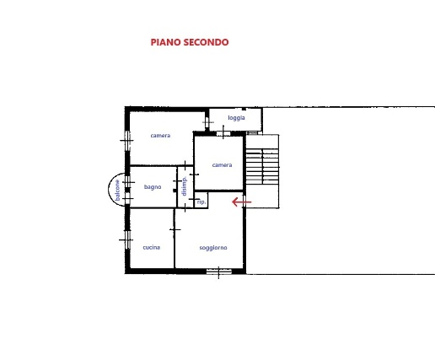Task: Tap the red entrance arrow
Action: pos(242,201)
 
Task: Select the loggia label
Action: pos(236,118)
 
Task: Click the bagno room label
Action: pos(153,187)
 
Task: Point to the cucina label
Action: pos(152,248)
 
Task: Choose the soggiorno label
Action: pos(213,248)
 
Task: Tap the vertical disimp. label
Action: pos(184,186)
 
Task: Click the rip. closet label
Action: pos(201,202)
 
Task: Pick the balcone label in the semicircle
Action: pos(117,191)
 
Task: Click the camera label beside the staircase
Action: pos(222,165)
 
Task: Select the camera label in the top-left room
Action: pos(160,136)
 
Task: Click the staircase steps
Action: pos(262,167)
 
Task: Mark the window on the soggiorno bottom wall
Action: pos(219,271)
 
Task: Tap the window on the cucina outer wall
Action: pos(127,239)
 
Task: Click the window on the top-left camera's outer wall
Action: pos(127,140)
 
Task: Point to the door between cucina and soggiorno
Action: pos(175,229)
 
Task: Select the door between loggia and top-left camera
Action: pos(207,122)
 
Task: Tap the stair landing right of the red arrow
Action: pos(262,196)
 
